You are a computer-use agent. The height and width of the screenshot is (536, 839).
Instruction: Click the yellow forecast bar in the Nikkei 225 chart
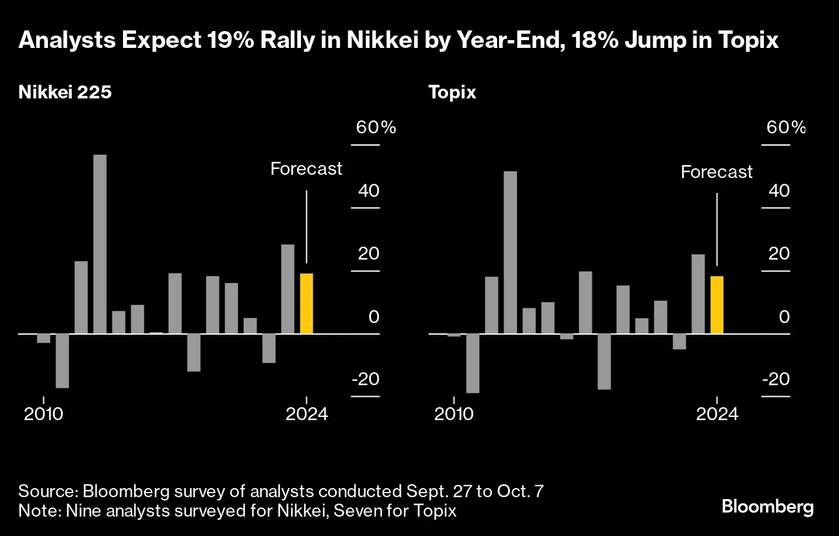point(306,304)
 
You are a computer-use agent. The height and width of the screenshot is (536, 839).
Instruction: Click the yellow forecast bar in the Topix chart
point(717,305)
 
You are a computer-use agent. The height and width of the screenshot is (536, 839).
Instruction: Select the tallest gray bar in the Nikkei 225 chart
point(100,244)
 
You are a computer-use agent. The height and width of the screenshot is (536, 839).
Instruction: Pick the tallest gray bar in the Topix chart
point(510,252)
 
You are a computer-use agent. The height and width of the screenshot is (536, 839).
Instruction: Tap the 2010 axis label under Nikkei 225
point(43,414)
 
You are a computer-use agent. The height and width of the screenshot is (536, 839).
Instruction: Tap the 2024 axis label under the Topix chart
point(717,414)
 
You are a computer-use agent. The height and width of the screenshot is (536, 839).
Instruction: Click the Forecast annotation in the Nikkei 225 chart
point(306,169)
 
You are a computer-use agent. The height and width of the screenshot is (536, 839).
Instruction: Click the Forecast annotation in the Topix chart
point(717,172)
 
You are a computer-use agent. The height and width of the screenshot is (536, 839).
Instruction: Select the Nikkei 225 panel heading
point(65,93)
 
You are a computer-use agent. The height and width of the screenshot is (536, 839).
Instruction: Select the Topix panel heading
point(452,93)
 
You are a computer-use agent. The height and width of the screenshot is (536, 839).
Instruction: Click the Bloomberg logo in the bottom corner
point(768,507)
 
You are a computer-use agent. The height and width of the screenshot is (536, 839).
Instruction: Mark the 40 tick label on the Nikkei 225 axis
point(366,191)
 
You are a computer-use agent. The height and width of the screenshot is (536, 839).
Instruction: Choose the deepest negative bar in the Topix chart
point(473,363)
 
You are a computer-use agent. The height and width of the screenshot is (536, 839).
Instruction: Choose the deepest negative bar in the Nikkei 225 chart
point(62,361)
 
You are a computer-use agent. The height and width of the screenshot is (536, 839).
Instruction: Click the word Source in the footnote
point(40,491)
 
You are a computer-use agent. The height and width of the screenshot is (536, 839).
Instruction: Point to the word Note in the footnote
point(35,511)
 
